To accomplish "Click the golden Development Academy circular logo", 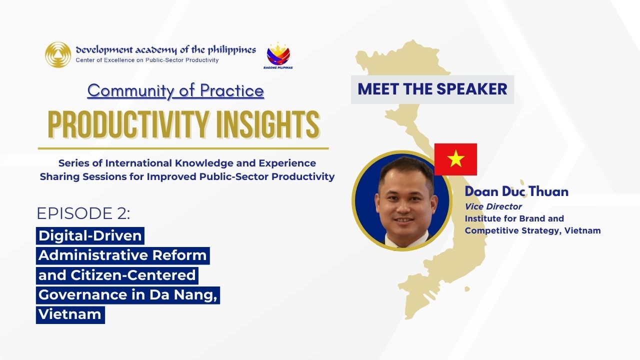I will [58, 54].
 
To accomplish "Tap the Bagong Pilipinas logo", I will [278, 55].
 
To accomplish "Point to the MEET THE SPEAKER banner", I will [432, 89].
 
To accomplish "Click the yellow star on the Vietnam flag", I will [455, 159].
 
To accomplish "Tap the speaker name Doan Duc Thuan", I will [516, 191].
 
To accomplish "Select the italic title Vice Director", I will [493, 206].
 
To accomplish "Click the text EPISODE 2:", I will [83, 213].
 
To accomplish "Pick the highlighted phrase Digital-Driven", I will [90, 235].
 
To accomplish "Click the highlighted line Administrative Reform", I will [122, 255].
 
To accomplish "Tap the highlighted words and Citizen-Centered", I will [117, 275].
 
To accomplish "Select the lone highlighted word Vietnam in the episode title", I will [70, 314].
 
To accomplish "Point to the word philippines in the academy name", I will [232, 49].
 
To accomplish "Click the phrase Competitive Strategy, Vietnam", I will [532, 230].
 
